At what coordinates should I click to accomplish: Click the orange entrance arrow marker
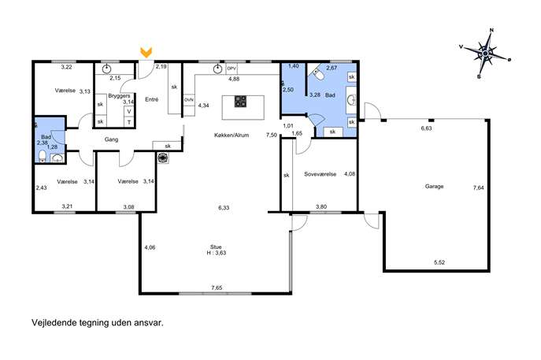click(x=146, y=53)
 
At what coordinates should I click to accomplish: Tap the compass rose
click(x=485, y=54)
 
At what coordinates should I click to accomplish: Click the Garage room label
click(x=434, y=187)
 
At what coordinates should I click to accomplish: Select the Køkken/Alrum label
click(x=232, y=135)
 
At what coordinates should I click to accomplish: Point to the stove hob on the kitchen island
click(x=240, y=102)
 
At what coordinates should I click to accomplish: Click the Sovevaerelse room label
click(x=320, y=174)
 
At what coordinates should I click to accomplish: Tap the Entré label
click(x=152, y=99)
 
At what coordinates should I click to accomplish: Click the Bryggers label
click(x=119, y=96)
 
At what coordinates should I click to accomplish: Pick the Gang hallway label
click(x=111, y=139)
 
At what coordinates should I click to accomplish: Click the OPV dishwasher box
click(x=232, y=69)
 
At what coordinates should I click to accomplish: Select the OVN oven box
click(x=189, y=100)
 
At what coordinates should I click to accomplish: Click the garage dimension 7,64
click(x=478, y=188)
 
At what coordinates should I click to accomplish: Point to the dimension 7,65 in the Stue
click(x=217, y=288)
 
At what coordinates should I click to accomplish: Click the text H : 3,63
click(x=217, y=253)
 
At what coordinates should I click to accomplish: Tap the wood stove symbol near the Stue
click(x=162, y=158)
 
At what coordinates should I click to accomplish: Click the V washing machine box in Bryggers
click(x=129, y=112)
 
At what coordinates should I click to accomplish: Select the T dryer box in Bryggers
click(x=129, y=122)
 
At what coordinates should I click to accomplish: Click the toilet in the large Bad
click(x=318, y=74)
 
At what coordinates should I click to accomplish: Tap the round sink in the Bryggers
click(x=106, y=69)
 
